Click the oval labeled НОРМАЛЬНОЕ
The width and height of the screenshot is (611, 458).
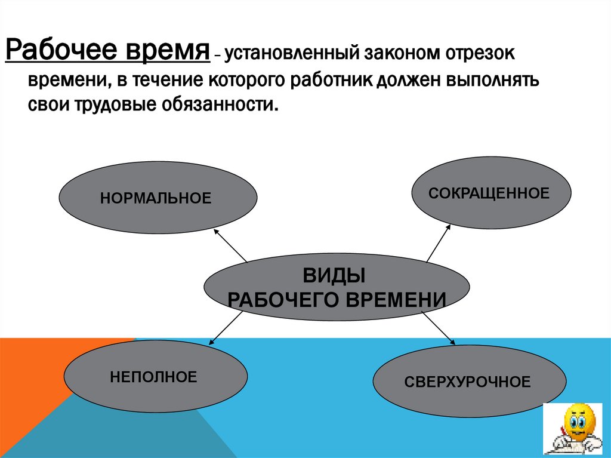pos(158,196)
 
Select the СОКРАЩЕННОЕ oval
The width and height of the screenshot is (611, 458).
pos(492,193)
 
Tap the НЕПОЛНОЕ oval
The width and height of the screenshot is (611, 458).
pos(155,377)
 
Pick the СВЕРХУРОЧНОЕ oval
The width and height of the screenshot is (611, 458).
pos(469,382)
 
